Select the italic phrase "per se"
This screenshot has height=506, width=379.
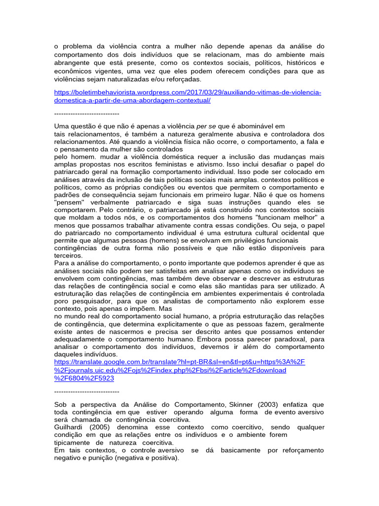207,126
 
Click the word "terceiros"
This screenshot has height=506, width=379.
69,256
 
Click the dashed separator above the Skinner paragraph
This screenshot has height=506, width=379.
87,391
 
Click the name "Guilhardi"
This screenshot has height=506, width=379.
69,427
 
